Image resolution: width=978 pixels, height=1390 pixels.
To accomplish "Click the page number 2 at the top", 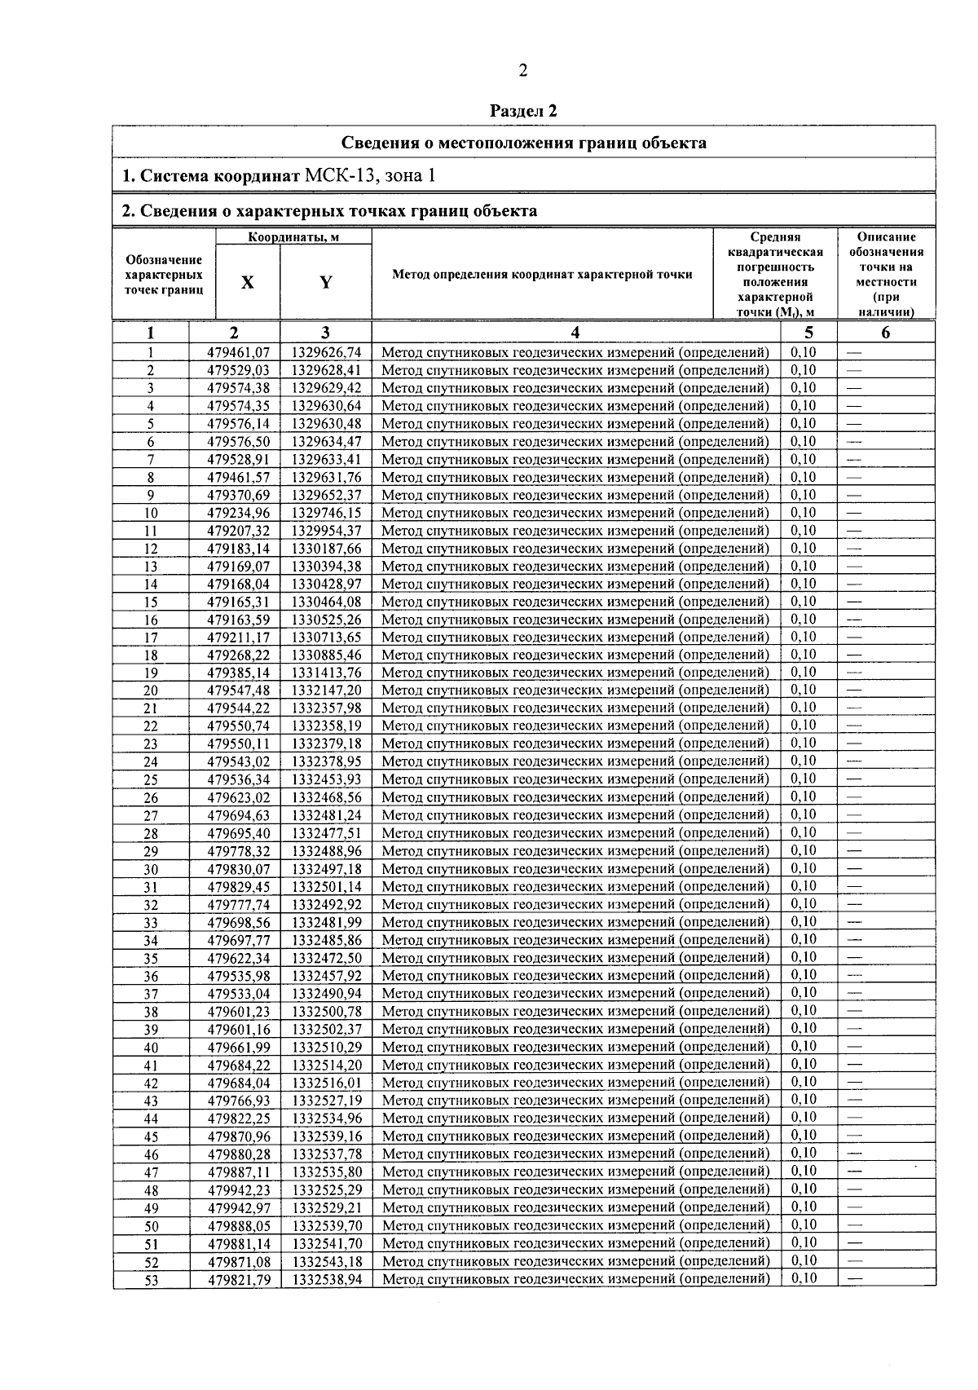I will pyautogui.click(x=522, y=71).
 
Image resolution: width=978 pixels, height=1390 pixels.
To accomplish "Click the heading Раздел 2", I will pyautogui.click(x=523, y=111).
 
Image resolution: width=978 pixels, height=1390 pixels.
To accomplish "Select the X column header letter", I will pyautogui.click(x=247, y=282).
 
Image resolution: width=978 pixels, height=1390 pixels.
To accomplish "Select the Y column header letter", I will pyautogui.click(x=325, y=282).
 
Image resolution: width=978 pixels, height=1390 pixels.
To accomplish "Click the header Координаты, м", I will pyautogui.click(x=293, y=237).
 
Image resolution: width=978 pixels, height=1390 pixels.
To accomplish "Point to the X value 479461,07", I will pyautogui.click(x=238, y=353).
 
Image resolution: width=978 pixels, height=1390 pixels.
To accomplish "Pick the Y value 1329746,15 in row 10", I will pyautogui.click(x=326, y=514).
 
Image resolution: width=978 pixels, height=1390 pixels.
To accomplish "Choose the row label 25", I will pyautogui.click(x=151, y=780).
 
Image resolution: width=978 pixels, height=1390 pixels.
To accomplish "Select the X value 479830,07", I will pyautogui.click(x=238, y=869).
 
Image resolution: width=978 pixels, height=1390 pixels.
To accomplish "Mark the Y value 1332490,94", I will pyautogui.click(x=326, y=994).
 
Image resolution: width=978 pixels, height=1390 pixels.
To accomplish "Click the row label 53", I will pyautogui.click(x=151, y=1281).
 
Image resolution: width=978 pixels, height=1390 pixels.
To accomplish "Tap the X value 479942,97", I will pyautogui.click(x=238, y=1208).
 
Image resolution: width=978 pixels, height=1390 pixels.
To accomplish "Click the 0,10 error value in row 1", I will pyautogui.click(x=803, y=352).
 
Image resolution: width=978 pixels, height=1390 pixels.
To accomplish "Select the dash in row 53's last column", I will pyautogui.click(x=855, y=1279).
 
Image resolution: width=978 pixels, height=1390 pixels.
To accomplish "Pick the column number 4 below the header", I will pyautogui.click(x=575, y=333).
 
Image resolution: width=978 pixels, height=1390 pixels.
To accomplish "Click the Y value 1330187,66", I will pyautogui.click(x=326, y=549).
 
